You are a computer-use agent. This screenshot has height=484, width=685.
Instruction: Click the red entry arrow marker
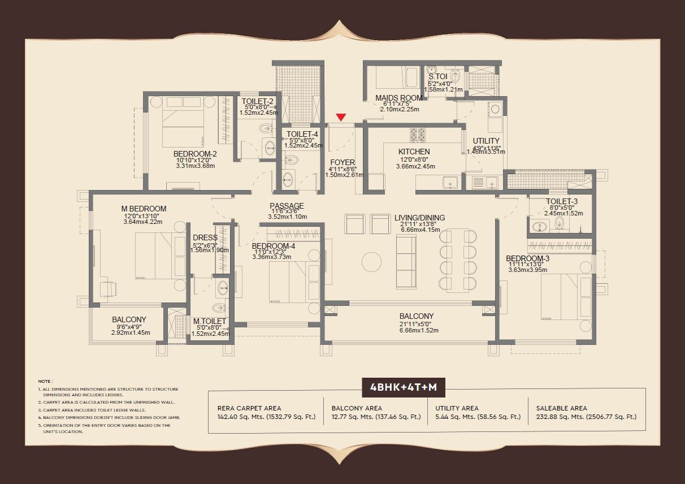(x=340, y=117)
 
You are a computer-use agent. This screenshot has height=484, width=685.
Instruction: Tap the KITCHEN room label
(x=414, y=152)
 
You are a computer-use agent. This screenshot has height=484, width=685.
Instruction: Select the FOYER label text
(x=342, y=162)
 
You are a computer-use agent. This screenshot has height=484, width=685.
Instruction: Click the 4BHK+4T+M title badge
(x=403, y=388)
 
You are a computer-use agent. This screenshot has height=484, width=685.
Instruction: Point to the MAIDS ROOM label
(x=399, y=98)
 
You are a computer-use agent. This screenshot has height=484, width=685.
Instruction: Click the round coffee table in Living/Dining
(x=371, y=262)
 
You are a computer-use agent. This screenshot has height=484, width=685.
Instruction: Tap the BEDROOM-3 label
(x=528, y=258)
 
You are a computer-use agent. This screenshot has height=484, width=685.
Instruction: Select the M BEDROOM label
(x=144, y=209)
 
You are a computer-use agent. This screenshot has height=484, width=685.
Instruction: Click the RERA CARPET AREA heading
(x=249, y=408)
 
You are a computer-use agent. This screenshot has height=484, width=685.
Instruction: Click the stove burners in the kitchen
(x=417, y=134)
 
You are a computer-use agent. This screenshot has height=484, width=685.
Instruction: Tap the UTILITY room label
(x=486, y=141)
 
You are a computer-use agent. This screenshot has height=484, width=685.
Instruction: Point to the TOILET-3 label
(x=562, y=202)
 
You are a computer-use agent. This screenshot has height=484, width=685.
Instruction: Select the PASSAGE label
(x=287, y=206)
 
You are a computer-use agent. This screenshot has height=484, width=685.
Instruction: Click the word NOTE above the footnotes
(x=45, y=381)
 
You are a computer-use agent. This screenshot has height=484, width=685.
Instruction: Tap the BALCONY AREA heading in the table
(x=357, y=408)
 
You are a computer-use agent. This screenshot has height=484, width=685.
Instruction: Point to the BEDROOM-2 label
(x=195, y=153)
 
